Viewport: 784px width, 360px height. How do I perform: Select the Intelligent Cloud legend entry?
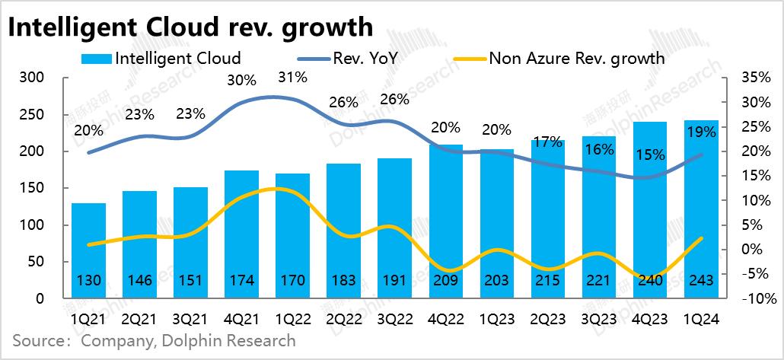click(161, 58)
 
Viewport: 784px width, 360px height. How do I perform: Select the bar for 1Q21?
click(89, 251)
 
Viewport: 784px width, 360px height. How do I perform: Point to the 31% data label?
click(292, 77)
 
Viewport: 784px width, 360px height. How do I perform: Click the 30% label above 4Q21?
click(241, 79)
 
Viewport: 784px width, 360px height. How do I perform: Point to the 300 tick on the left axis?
click(38, 78)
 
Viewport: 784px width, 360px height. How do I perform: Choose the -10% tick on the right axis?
click(744, 298)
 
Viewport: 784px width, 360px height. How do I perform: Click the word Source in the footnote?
click(40, 340)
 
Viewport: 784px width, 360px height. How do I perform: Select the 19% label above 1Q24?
click(701, 133)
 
